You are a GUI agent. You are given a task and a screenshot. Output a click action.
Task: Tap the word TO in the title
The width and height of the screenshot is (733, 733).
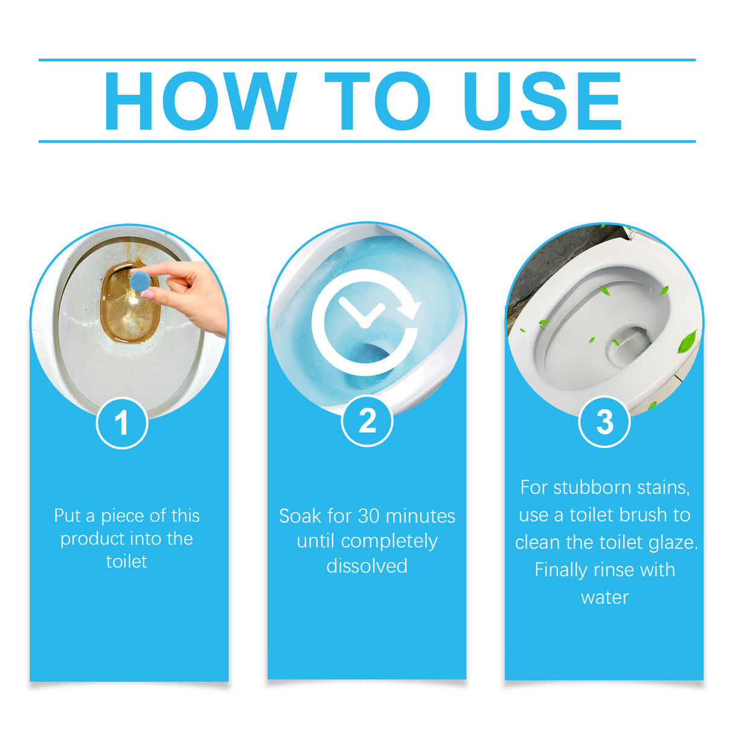pos(377,101)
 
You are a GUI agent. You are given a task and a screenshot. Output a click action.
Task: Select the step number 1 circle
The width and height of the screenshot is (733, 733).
pos(122,423)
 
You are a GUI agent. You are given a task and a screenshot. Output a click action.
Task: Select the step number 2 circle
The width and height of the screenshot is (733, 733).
pos(367,421)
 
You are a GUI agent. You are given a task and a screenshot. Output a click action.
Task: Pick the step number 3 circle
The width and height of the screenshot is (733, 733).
pos(604,422)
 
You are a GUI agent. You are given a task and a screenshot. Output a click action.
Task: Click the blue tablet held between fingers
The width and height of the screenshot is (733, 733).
pos(141,281)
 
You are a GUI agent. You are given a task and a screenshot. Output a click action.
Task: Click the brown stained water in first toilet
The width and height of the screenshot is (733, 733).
pos(127,314)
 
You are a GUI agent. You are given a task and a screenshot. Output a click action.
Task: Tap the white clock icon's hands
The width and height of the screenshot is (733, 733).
pos(362,314)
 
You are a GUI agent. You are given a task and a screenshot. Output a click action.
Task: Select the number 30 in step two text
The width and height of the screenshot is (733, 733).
pos(369,516)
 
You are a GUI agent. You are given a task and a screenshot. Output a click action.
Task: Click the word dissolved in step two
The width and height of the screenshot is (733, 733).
pos(367,566)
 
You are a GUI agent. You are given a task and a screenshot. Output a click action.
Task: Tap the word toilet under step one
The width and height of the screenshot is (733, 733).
pos(126,562)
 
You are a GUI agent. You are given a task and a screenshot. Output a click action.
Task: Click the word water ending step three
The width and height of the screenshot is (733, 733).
pos(604,598)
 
